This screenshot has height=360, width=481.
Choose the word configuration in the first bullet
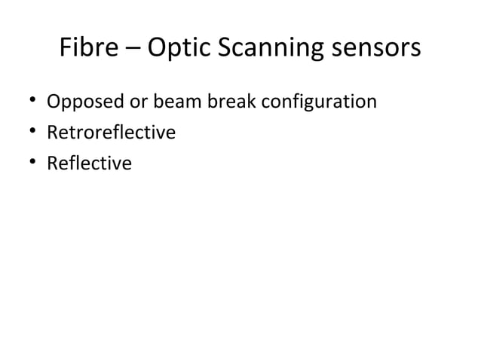pos(312,101)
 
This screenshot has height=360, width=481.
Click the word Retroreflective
pos(111,133)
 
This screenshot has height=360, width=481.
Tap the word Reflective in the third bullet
pos(89,163)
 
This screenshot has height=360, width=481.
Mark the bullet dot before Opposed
pos(32,101)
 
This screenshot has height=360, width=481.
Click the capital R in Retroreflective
pos(52,133)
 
